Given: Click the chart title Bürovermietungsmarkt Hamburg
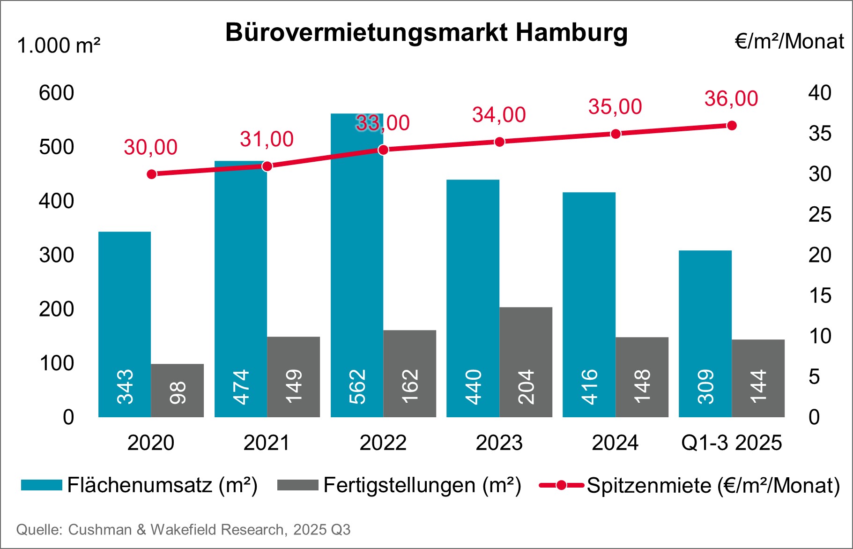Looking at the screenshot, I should (426, 33).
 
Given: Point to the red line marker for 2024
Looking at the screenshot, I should (616, 134).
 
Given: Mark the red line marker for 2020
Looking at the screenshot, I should (151, 174).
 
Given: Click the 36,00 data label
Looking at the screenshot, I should (731, 99).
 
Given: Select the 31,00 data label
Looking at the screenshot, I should (267, 139).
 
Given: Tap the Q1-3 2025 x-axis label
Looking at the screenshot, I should (731, 443).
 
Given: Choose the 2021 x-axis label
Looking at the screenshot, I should (267, 443).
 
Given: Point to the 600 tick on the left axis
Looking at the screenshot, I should (56, 93).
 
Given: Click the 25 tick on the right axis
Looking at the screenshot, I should (819, 215).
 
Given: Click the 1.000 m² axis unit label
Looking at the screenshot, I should (59, 46).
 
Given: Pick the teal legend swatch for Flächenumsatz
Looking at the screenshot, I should (41, 485).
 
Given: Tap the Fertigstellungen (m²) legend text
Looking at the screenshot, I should (422, 485).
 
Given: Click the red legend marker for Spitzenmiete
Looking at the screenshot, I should (561, 485).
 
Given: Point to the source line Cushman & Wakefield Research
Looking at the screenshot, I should (183, 530).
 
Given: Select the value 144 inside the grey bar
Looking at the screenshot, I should (758, 386).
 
